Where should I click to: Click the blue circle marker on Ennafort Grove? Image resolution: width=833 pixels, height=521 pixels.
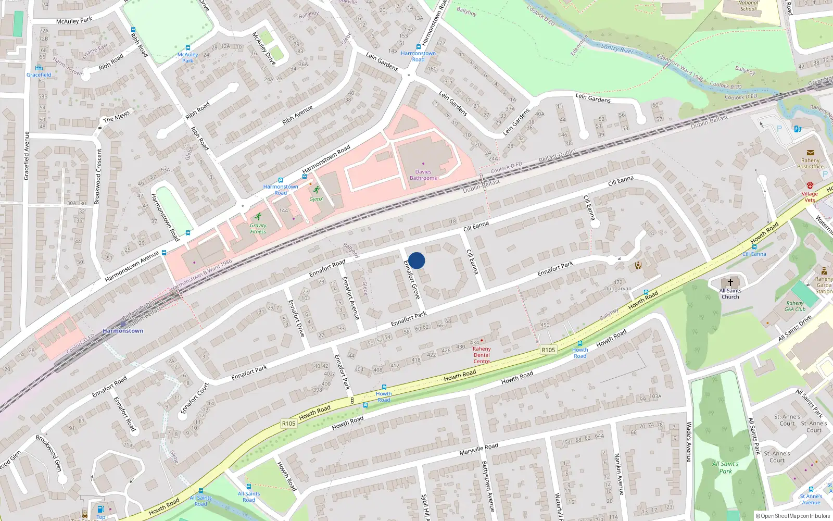coord(416,260)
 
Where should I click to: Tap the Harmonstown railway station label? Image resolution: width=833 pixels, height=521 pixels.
coord(123,331)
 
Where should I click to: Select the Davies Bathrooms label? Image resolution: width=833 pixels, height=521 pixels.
coord(423,175)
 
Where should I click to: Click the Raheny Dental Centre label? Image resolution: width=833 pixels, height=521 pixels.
coord(482,355)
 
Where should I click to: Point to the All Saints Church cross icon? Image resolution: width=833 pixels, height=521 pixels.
coord(730,282)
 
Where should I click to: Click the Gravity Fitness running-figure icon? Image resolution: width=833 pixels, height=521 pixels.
coord(258,216)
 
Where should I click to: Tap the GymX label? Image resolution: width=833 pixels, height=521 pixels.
coord(316,199)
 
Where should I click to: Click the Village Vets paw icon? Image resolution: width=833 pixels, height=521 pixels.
coord(810,185)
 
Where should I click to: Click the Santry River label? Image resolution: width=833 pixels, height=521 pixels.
coord(617,48)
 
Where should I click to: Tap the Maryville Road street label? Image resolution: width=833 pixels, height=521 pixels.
coord(478,449)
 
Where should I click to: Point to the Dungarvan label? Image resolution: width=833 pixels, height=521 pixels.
coord(617,289)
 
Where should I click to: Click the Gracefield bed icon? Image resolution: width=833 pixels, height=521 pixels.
coord(39,68)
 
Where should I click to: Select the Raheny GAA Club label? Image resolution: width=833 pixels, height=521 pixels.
coord(795,306)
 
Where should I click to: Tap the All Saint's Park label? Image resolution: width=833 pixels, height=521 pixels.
coord(725,467)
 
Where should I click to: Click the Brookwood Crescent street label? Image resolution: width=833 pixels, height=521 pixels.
coord(97,177)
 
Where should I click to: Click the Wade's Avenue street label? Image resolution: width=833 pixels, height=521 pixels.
coord(688,442)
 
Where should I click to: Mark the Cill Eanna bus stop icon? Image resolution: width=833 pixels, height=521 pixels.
coord(754,247)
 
